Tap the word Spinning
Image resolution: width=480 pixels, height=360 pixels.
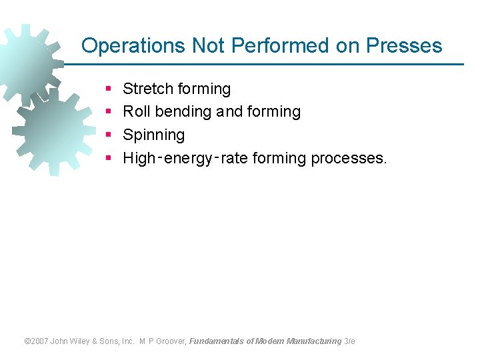[x=154, y=135]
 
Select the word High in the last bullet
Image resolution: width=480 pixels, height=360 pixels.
[x=139, y=159]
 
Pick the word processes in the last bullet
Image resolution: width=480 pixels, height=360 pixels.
[x=349, y=159]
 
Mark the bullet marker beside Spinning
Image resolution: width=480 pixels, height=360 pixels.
[x=108, y=135]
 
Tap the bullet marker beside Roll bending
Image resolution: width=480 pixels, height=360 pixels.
[x=108, y=112]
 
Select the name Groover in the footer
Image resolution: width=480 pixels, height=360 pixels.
[x=172, y=341]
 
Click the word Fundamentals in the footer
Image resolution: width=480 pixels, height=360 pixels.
[x=217, y=341]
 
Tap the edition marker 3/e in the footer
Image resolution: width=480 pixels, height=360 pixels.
[x=350, y=341]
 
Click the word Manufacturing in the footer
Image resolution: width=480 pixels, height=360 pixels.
[x=314, y=341]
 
